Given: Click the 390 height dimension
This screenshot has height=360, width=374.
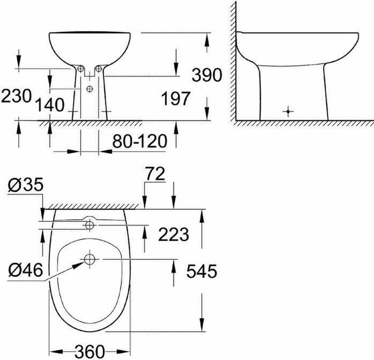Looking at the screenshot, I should [207, 76].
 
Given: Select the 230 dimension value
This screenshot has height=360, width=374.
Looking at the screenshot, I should [16, 96].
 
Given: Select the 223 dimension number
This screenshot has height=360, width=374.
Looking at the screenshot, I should [173, 235].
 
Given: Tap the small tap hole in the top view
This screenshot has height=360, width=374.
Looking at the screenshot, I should [90, 225].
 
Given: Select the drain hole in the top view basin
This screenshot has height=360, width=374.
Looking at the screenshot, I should [90, 258].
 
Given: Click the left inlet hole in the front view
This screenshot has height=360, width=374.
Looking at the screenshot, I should [81, 69].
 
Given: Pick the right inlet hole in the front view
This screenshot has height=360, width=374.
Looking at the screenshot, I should [99, 69].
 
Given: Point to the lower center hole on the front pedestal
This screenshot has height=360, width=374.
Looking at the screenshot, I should [90, 89].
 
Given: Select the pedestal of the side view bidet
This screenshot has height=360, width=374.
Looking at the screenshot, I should [291, 94].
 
